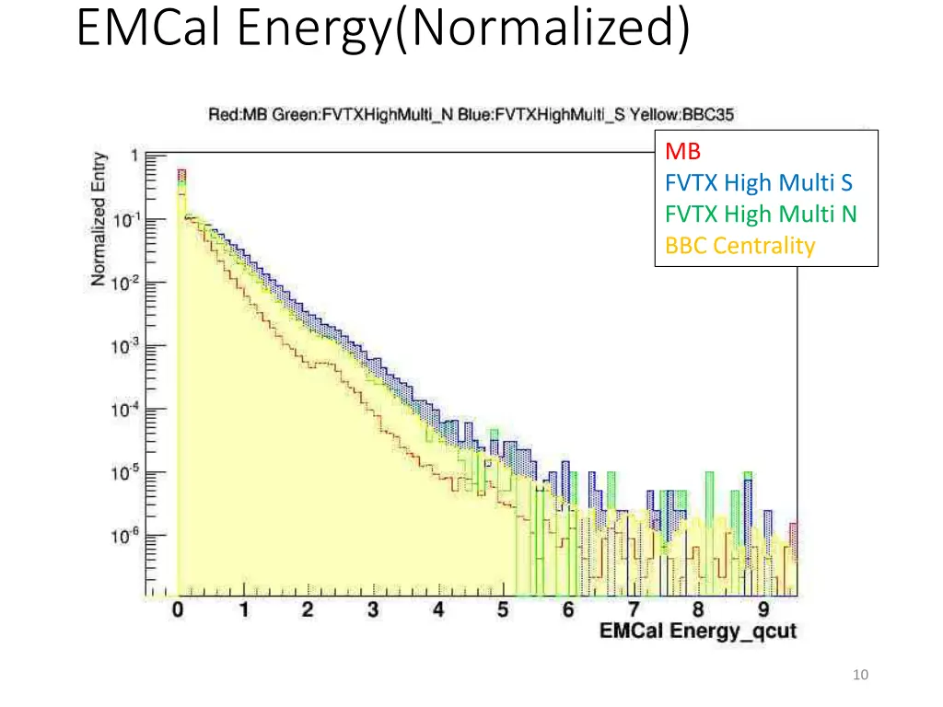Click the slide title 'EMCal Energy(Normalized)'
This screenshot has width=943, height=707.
(x=382, y=29)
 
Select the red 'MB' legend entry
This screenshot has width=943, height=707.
(x=682, y=151)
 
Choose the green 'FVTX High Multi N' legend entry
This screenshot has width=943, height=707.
(x=761, y=214)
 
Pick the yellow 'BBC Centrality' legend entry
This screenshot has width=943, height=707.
(x=740, y=246)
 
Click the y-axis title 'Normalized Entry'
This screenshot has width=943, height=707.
(x=99, y=219)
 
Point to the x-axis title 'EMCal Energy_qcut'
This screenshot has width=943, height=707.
(x=697, y=632)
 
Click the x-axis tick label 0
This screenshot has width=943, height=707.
(x=178, y=609)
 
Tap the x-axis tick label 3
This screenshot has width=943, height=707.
(x=373, y=609)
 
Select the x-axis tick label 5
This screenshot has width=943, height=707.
(x=503, y=609)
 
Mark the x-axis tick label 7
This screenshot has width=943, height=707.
(x=634, y=609)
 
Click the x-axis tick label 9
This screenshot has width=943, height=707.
(x=763, y=609)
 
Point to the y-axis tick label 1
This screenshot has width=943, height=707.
(x=134, y=156)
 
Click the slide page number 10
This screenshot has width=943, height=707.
(x=861, y=676)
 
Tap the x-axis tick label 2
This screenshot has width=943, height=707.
(x=308, y=609)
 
